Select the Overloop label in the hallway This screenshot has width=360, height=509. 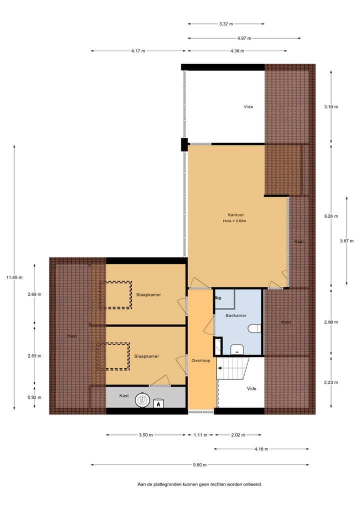tap(200, 360)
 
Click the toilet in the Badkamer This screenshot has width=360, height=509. tap(255, 328)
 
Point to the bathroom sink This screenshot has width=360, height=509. tap(236, 349)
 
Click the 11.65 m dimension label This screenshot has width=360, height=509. tap(14, 277)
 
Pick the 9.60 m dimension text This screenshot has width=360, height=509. tap(199, 464)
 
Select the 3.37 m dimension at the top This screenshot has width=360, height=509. tap(226, 23)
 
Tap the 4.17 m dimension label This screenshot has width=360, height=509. tap(138, 50)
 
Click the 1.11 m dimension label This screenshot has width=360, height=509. tap(200, 435)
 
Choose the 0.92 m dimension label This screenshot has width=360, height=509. tap(34, 397)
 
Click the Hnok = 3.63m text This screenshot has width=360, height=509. tap(234, 221)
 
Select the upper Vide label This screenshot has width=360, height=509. tap(248, 106)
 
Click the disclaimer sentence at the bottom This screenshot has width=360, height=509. tap(199, 484)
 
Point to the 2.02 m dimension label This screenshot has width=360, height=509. tap(238, 435)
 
